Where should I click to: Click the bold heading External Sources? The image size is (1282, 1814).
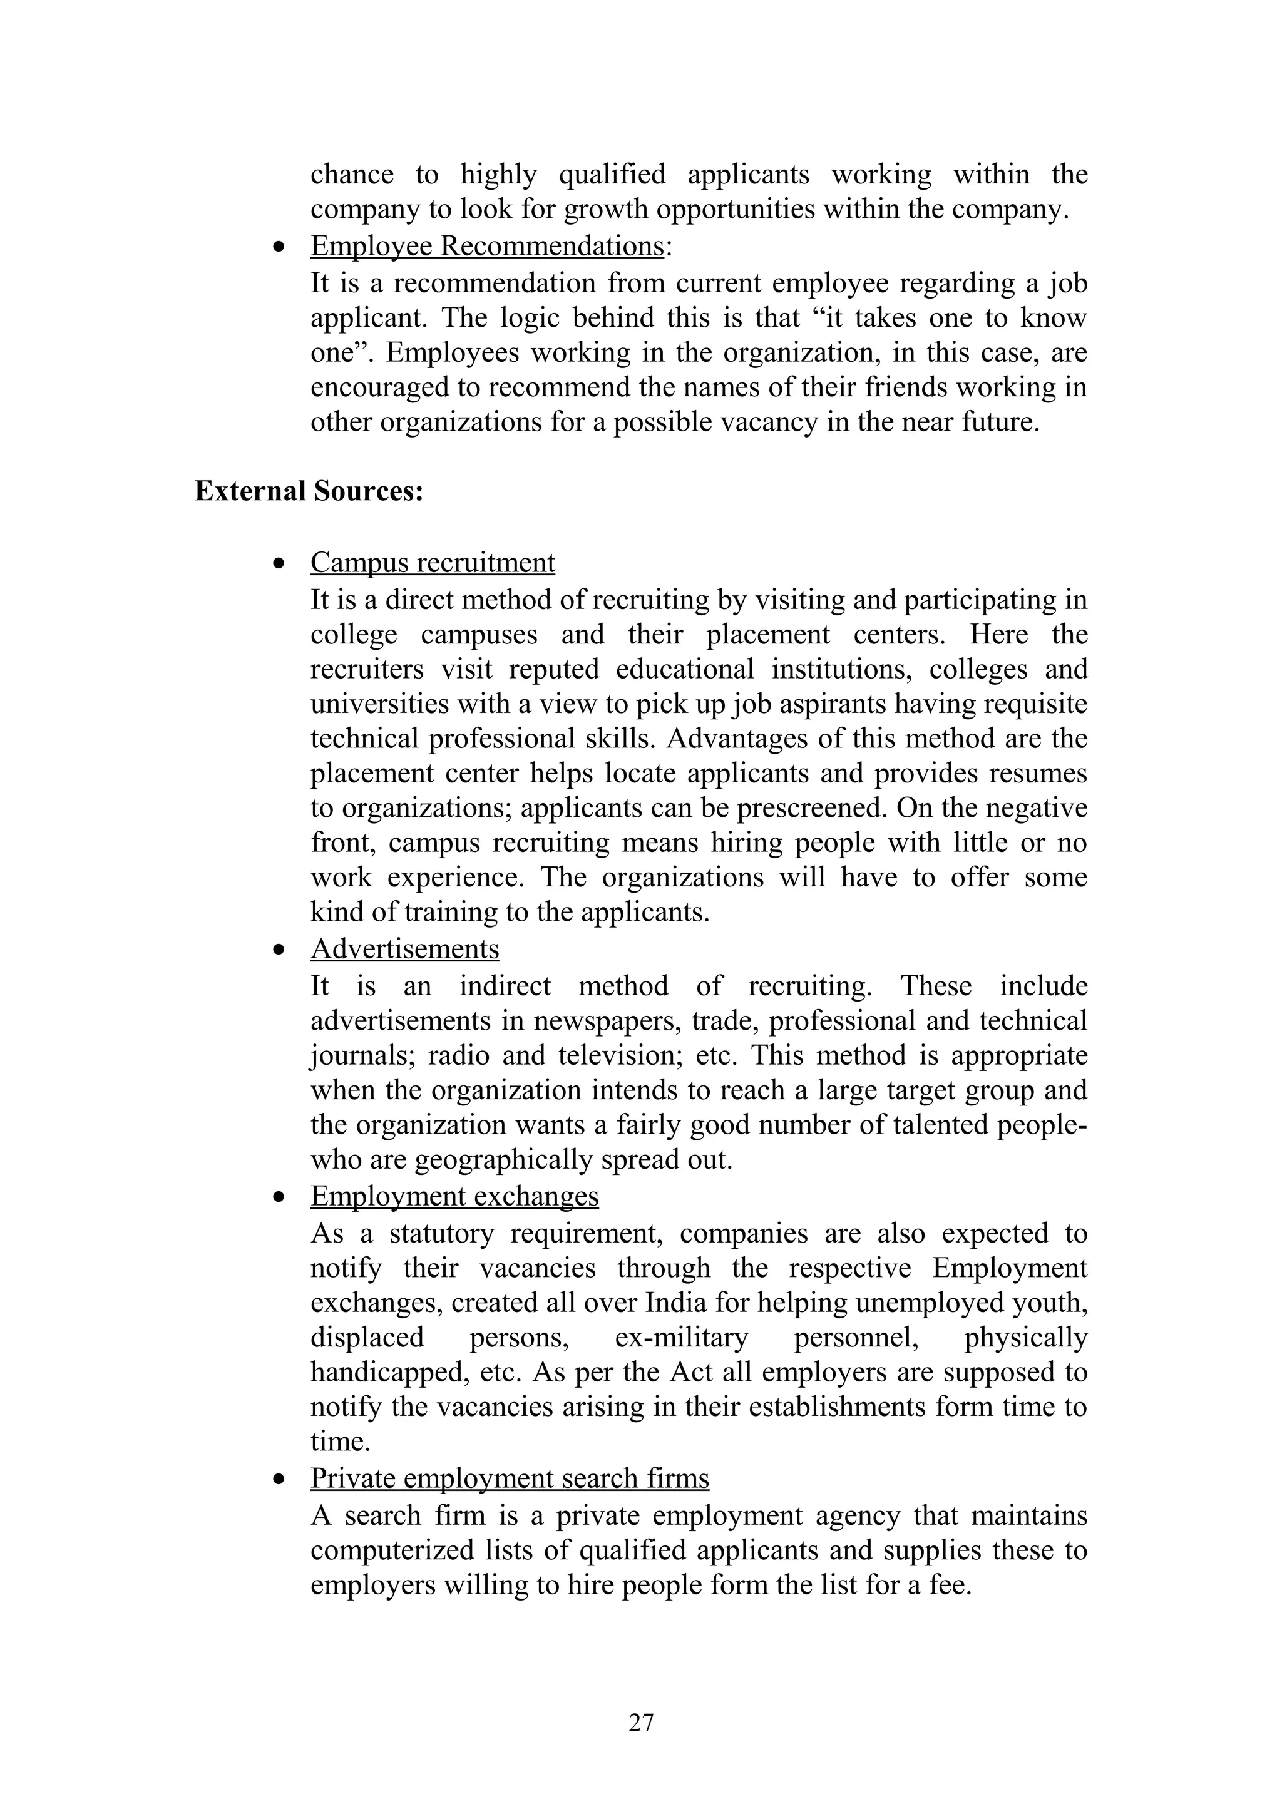point(309,491)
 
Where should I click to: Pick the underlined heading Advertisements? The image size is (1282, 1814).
point(404,948)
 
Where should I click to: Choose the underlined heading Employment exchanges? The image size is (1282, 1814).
point(454,1196)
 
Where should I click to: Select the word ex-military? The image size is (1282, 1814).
point(681,1337)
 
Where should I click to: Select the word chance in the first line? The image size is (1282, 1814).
point(352,174)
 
